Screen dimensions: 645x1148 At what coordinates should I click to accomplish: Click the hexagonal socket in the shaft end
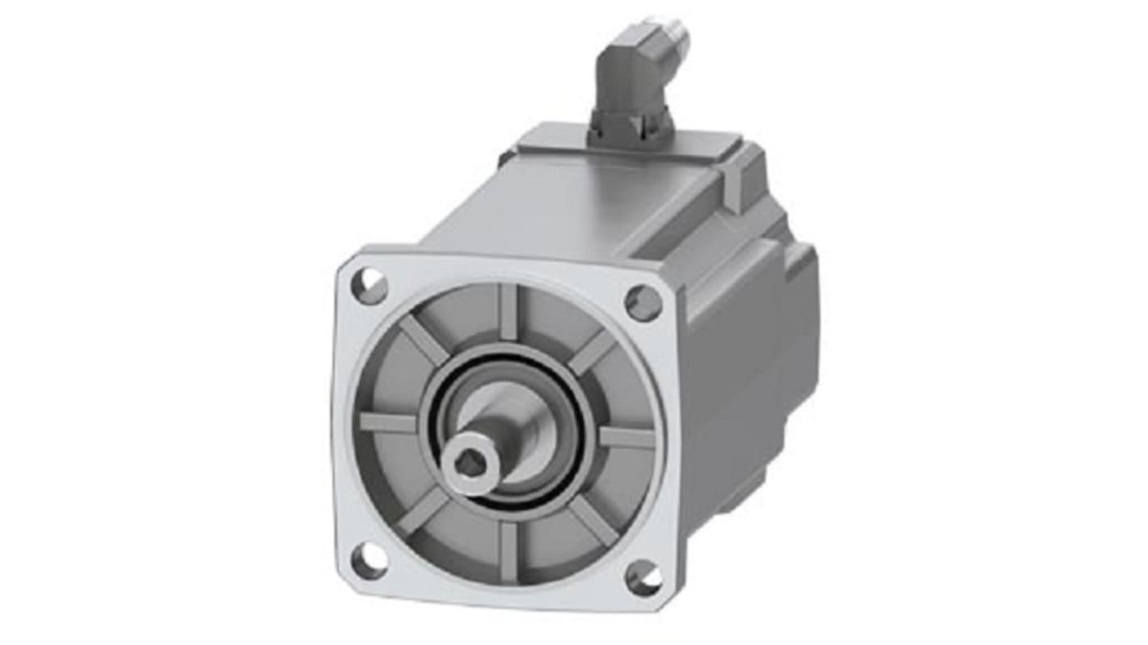(464, 465)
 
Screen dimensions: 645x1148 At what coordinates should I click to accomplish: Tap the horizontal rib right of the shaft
(626, 437)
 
